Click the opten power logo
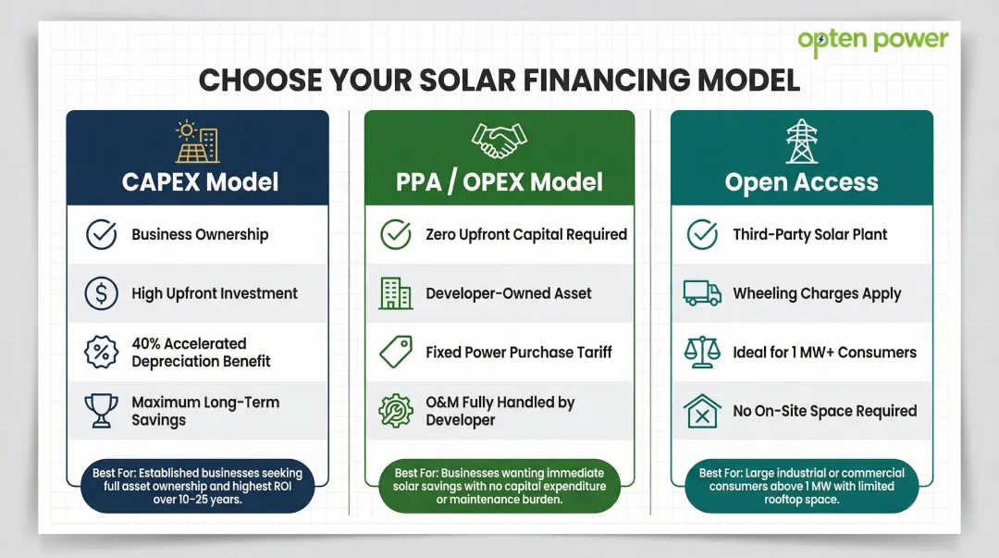872,42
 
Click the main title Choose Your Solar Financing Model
499,81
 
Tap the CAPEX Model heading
200,181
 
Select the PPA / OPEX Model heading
499,181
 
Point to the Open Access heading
801,181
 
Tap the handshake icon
499,141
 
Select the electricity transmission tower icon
801,141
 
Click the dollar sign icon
101,293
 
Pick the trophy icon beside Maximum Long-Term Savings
101,411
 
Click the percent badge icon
101,353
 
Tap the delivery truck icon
702,293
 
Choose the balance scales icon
702,353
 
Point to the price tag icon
396,353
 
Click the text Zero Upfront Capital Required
526,234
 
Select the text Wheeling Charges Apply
817,293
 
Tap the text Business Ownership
200,234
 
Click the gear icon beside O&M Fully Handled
396,411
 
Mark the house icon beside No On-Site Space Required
702,411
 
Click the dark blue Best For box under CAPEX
197,486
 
